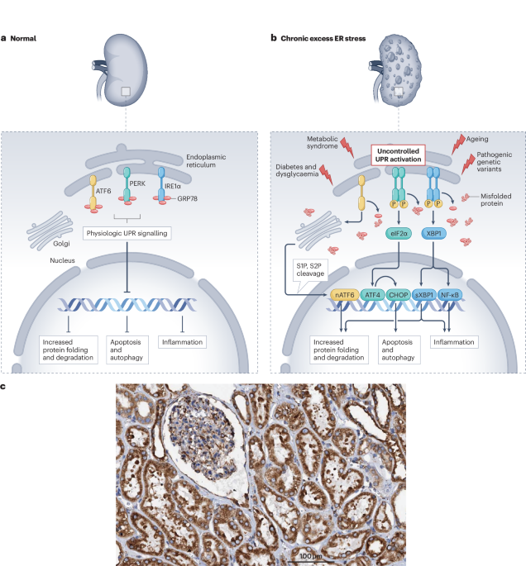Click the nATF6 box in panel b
[x=344, y=293]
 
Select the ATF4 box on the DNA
[x=374, y=293]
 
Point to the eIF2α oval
[x=399, y=234]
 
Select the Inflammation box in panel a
[x=181, y=340]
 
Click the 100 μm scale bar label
[x=311, y=556]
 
